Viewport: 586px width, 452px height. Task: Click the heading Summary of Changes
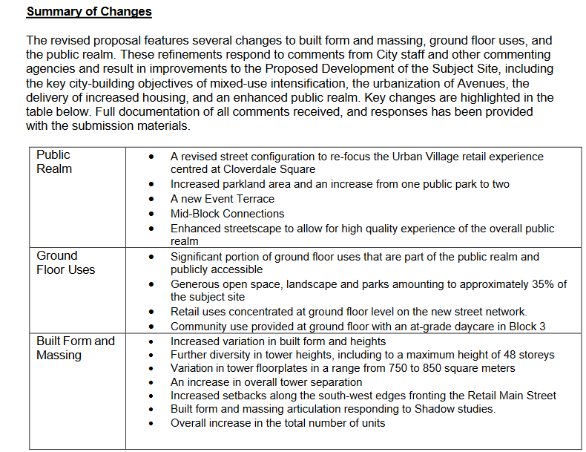pos(88,12)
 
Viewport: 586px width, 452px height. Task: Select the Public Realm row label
pos(54,162)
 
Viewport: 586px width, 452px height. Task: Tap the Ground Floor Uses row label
pos(66,263)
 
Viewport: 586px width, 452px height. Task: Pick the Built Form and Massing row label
pos(75,348)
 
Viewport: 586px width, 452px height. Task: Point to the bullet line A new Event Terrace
pos(222,199)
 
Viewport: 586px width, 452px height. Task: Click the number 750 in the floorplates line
pos(395,368)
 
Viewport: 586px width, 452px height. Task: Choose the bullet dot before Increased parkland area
pos(152,184)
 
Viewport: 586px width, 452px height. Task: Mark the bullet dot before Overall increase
pos(152,423)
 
